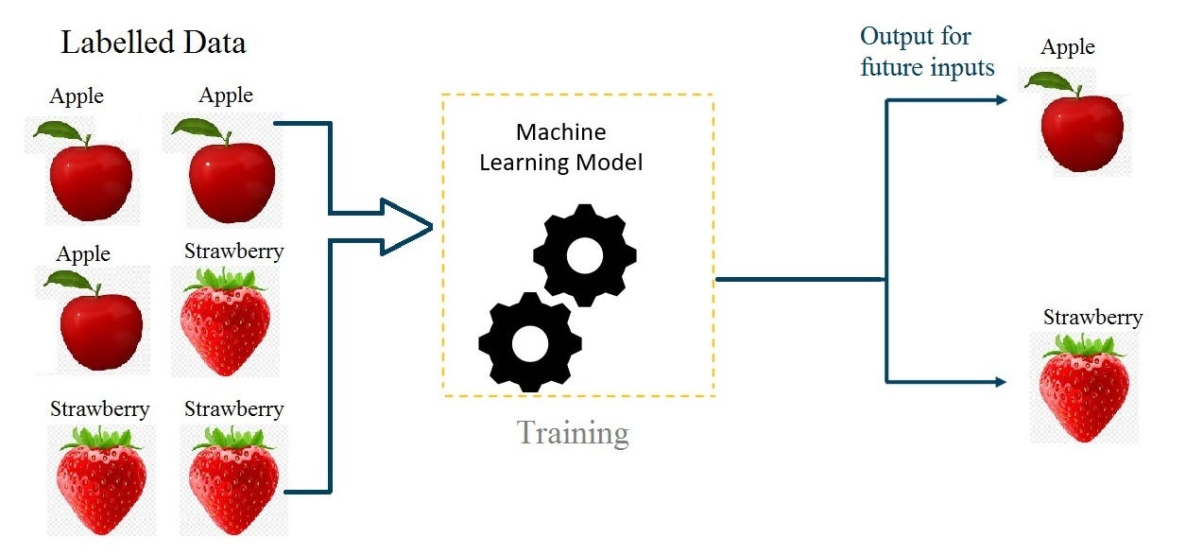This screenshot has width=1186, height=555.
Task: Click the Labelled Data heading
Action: tap(153, 43)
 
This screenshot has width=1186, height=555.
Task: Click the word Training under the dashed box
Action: tap(573, 432)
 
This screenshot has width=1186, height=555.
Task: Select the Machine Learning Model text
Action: tap(560, 147)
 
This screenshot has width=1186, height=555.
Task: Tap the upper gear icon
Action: tap(584, 255)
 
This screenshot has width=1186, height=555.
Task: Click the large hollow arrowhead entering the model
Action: tap(406, 227)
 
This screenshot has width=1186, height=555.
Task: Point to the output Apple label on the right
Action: tap(1068, 48)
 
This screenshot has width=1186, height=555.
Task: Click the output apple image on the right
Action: tap(1080, 130)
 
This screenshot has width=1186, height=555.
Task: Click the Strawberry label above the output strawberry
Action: tap(1092, 318)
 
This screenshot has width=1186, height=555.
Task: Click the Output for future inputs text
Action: tap(927, 52)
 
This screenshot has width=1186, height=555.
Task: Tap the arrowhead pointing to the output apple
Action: tap(1001, 98)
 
